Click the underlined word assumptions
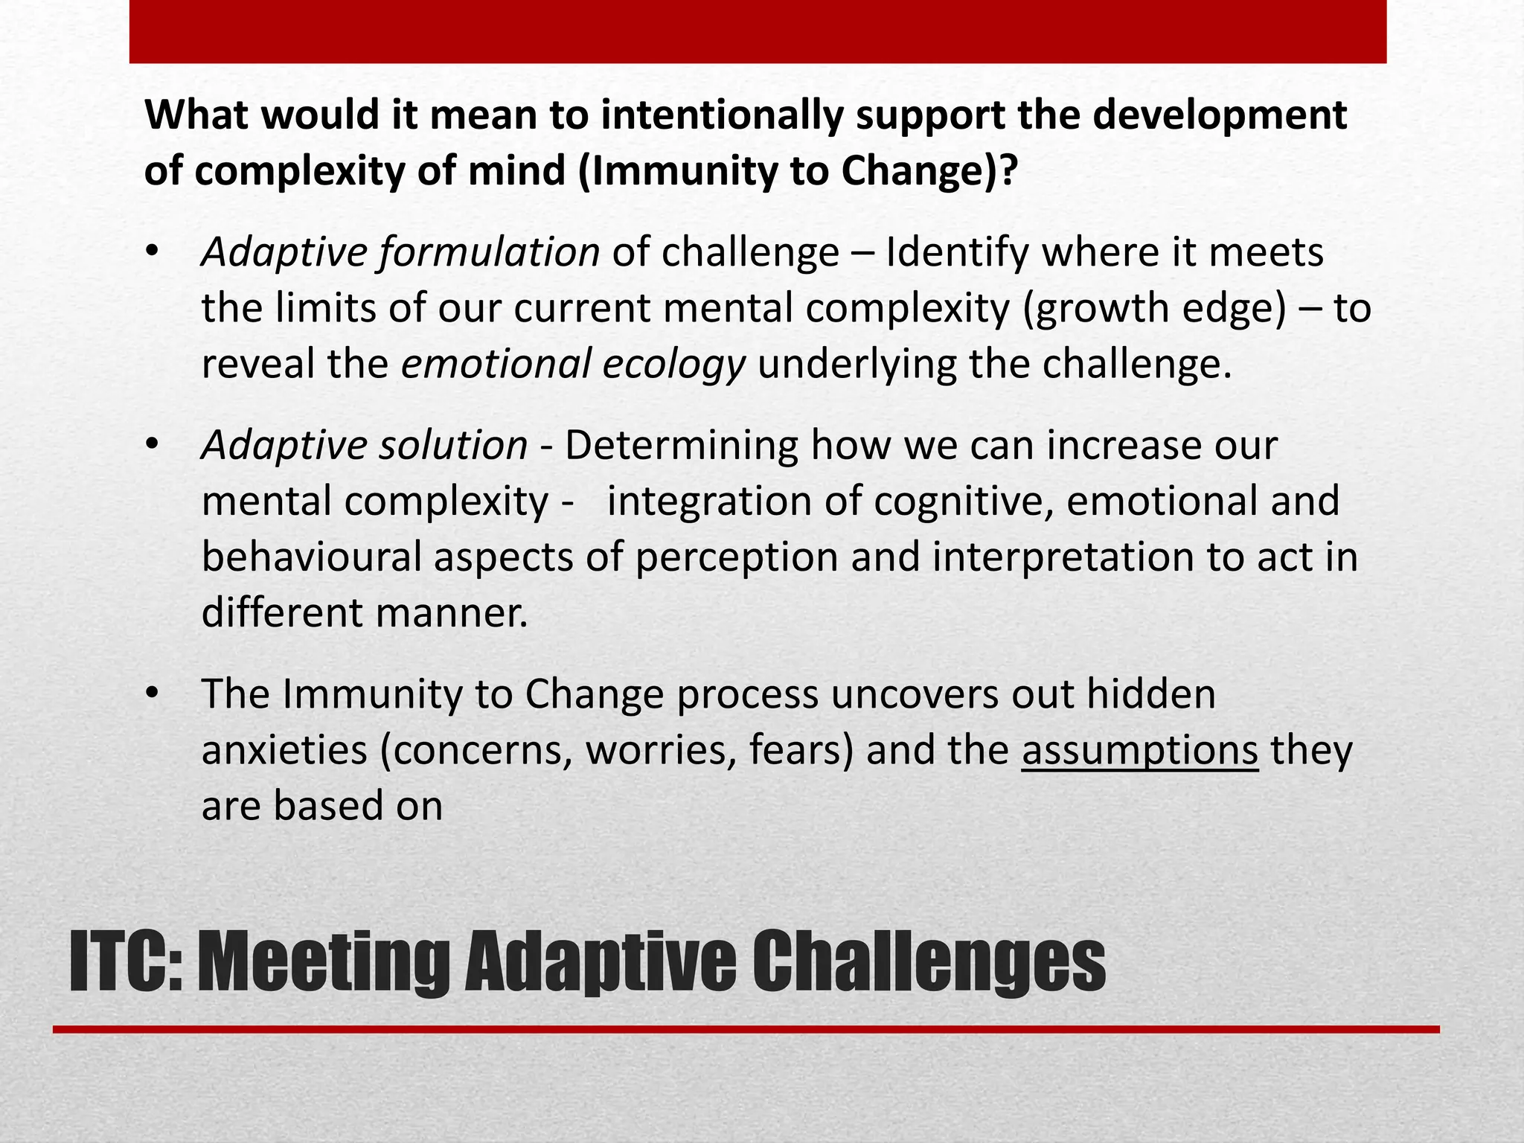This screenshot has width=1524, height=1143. coord(1139,750)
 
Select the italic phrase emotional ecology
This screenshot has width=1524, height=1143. coord(573,365)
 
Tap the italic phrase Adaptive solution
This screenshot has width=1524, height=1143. coord(365,446)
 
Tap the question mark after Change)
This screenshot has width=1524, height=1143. coord(1007,171)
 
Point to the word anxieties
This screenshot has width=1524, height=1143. coord(284,750)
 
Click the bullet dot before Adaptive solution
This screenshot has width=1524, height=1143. coord(153,445)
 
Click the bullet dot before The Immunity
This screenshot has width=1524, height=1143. coord(153,694)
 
